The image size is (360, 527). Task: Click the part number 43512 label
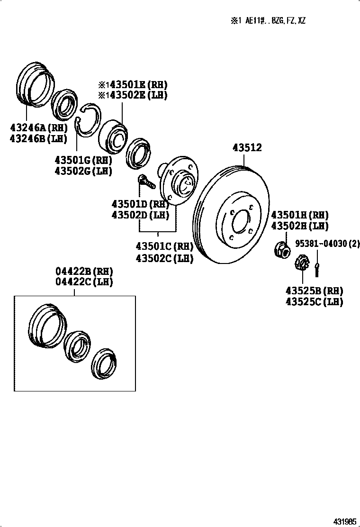point(247,148)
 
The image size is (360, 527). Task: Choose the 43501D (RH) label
point(140,204)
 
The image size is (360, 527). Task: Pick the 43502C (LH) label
point(164,258)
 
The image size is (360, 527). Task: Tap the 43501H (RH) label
point(299,215)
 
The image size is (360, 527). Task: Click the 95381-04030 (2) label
point(327,244)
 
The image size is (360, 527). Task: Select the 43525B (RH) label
point(314,291)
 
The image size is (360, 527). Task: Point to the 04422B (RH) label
point(85,272)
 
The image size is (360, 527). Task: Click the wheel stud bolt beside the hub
point(145,182)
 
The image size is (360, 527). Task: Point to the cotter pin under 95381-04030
point(316,267)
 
